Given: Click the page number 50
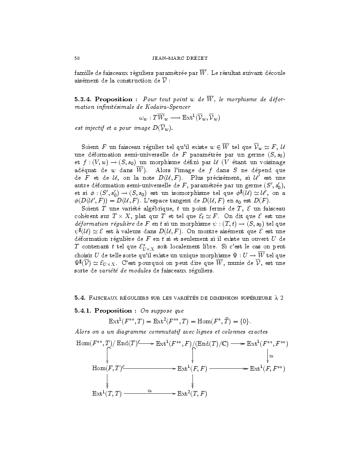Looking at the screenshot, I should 77,58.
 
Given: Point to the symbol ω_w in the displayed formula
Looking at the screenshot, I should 143,118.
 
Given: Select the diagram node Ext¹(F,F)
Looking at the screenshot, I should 192,368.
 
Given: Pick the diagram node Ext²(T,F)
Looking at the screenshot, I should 192,394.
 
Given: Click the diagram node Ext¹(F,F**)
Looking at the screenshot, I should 267,368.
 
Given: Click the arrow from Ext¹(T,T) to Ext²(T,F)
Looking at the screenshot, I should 150,394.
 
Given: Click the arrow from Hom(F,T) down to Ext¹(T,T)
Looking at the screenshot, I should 107,381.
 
